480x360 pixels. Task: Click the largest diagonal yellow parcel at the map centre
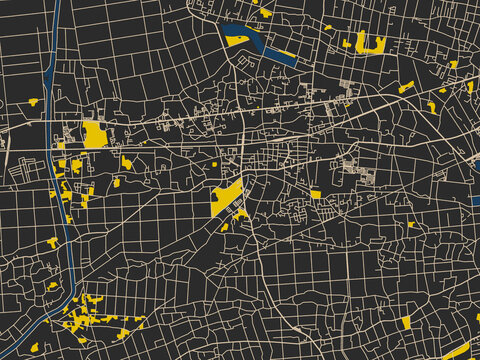point(226,196)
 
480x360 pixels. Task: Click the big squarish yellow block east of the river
point(95,135)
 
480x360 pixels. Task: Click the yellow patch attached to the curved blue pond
point(237,41)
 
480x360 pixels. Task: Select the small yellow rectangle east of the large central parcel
point(316,194)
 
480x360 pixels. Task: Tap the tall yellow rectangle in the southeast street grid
point(407,322)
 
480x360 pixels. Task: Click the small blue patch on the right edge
point(476,199)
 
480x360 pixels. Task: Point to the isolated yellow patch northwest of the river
point(33,101)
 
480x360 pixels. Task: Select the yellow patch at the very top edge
point(265,13)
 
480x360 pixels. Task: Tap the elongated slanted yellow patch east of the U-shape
point(406,87)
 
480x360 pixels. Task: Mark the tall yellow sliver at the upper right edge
point(470,86)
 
